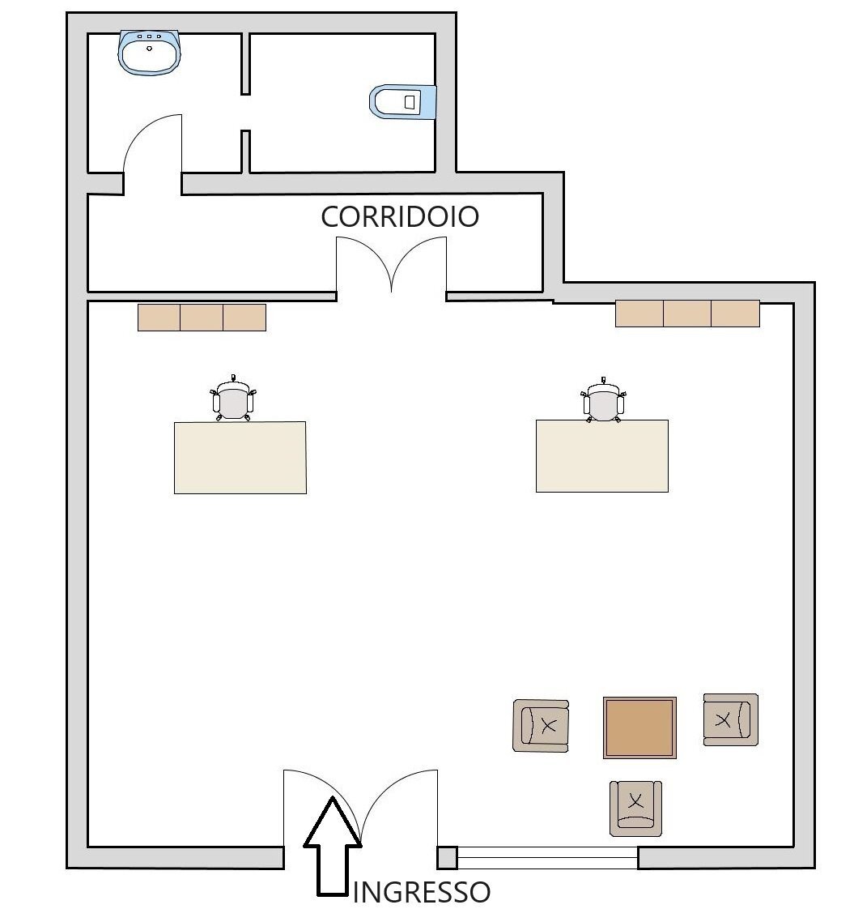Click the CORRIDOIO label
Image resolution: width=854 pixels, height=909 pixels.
click(400, 217)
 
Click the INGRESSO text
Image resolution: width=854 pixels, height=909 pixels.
click(422, 892)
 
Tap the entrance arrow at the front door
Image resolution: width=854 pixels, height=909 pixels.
click(332, 847)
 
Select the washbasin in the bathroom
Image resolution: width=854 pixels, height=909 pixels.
click(150, 53)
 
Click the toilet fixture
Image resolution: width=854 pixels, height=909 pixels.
click(403, 101)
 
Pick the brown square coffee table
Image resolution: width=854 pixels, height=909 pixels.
click(639, 727)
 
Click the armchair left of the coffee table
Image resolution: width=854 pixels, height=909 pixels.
click(541, 725)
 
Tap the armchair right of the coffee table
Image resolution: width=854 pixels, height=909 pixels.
click(730, 719)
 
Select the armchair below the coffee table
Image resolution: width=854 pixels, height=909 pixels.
click(635, 808)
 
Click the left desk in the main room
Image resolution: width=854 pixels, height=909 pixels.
click(240, 457)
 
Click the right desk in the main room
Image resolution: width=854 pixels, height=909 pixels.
click(602, 455)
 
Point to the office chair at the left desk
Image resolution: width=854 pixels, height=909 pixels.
click(233, 401)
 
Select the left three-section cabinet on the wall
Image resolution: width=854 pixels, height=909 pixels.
click(202, 318)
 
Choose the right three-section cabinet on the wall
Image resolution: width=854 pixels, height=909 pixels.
click(687, 314)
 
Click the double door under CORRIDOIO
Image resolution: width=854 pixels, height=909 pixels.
click(392, 266)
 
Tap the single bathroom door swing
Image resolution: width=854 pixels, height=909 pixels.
click(152, 146)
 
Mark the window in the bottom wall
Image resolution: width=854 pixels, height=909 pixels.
click(547, 857)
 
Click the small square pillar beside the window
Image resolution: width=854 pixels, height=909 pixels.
click(447, 857)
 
